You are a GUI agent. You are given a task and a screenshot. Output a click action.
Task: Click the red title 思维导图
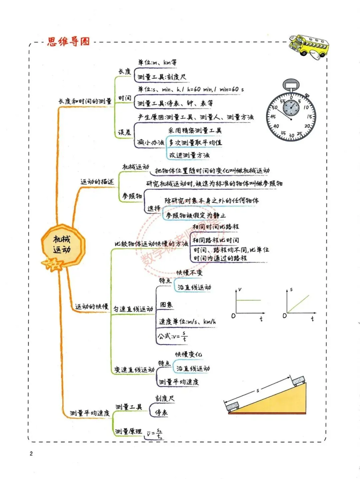[x=68, y=42]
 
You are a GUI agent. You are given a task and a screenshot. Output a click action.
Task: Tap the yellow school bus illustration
[x=308, y=46]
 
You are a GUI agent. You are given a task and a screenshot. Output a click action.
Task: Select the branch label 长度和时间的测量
[x=85, y=101]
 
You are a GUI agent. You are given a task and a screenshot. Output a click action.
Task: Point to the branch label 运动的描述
[x=97, y=182]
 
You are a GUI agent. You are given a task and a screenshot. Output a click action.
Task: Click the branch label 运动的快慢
[x=92, y=307]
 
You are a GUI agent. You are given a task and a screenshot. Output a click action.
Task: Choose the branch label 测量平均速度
[x=90, y=413]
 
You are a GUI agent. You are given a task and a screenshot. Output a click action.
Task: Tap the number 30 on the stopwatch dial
[x=291, y=135]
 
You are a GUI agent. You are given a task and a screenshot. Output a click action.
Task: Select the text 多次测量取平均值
[x=195, y=143]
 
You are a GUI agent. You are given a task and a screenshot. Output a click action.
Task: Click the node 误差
[x=124, y=132]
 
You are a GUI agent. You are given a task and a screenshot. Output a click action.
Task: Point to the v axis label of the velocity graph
[x=240, y=290]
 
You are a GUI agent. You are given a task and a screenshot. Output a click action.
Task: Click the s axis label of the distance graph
[x=291, y=290]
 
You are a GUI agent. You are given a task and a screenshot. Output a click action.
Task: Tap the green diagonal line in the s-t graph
[x=298, y=304]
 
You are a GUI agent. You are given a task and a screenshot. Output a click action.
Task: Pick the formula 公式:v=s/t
[x=173, y=337]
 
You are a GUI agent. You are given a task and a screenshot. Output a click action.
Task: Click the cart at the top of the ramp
[x=298, y=380]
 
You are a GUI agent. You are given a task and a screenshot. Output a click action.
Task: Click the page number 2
[x=31, y=453]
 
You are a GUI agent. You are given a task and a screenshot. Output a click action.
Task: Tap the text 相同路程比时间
[x=216, y=240]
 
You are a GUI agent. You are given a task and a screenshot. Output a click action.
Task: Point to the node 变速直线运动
[x=134, y=370]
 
